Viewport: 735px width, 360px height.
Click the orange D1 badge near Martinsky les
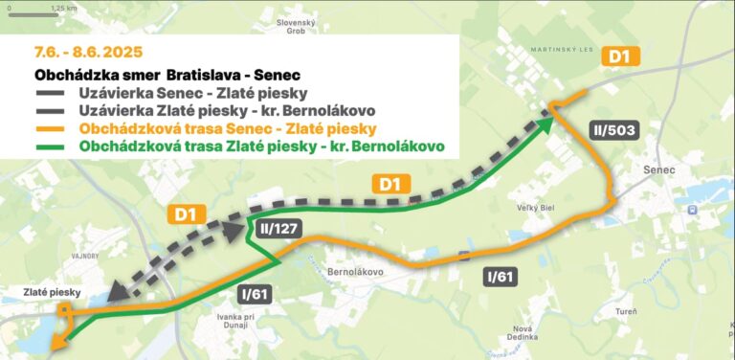pyautogui.click(x=620, y=57)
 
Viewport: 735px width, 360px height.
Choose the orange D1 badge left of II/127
pyautogui.click(x=185, y=215)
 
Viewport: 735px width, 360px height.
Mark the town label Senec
pyautogui.click(x=660, y=169)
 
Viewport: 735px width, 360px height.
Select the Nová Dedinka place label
pyautogui.click(x=523, y=332)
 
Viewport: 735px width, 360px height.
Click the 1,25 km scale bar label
pyautogui.click(x=64, y=8)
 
